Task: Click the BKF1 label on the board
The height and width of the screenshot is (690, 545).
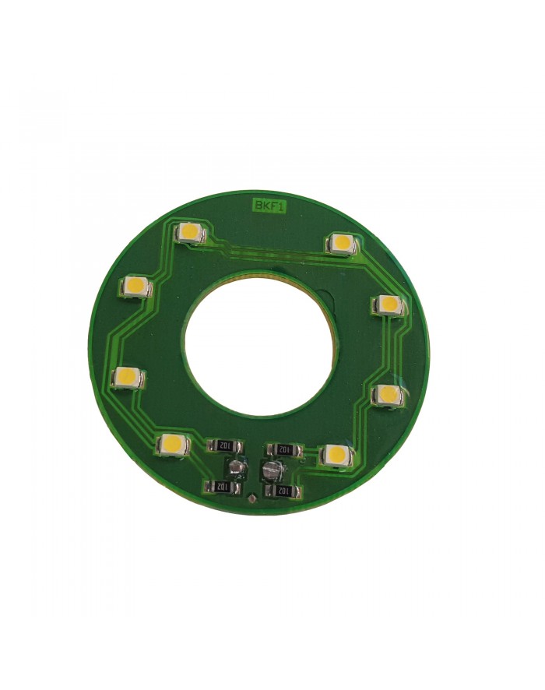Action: (x=268, y=205)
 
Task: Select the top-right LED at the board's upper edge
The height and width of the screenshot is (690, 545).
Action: (x=342, y=243)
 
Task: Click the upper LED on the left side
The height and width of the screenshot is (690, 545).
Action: (x=135, y=287)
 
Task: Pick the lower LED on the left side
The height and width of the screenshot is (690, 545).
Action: (x=128, y=378)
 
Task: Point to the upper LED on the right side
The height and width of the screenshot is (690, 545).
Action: (x=388, y=305)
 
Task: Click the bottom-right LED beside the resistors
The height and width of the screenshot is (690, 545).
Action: (x=336, y=455)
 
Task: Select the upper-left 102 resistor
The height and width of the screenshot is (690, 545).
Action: (x=225, y=445)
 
